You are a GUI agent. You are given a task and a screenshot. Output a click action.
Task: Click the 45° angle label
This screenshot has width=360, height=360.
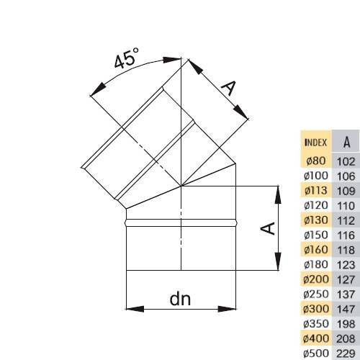coord(127,58)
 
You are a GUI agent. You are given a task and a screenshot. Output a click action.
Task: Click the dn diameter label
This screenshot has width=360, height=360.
coord(180,299)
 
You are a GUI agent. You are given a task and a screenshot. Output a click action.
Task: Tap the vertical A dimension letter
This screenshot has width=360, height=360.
coord(268,228)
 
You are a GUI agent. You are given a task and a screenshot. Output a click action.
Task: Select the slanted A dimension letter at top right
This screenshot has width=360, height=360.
coord(229,88)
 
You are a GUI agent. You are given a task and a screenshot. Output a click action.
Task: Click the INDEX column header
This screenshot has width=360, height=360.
coord(315,143)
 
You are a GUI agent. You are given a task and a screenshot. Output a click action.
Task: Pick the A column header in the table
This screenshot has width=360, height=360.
coord(346,143)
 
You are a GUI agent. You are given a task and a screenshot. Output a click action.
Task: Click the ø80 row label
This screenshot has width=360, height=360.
coord(316,161)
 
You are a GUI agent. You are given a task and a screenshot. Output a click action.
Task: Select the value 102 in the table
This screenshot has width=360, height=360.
coord(346,162)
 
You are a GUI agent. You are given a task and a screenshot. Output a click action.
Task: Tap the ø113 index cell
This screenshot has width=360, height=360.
coord(316,190)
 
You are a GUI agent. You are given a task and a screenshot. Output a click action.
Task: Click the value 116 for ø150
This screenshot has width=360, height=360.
coord(346,235)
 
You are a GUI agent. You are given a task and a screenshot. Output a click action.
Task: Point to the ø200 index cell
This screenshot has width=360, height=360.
coord(316,279)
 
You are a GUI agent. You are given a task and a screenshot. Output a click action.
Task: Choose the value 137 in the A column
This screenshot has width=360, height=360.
coord(346,294)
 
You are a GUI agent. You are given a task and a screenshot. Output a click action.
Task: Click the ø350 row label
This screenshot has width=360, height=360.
coord(316,324)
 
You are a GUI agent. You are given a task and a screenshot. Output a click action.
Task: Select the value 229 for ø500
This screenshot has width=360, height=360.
coord(346,354)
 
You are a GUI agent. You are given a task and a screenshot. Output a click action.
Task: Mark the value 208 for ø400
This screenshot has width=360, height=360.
coord(346,339)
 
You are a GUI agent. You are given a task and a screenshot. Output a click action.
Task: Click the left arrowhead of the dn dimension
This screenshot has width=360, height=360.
coord(135,309)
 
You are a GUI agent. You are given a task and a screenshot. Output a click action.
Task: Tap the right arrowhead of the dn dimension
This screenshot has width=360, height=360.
coord(227,309)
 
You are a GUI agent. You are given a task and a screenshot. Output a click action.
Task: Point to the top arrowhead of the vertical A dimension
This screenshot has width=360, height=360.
coord(278,195)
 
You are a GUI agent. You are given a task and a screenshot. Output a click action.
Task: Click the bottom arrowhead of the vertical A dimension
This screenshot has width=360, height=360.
coord(278,261)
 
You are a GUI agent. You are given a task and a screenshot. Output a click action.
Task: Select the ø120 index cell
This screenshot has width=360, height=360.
coord(316,205)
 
